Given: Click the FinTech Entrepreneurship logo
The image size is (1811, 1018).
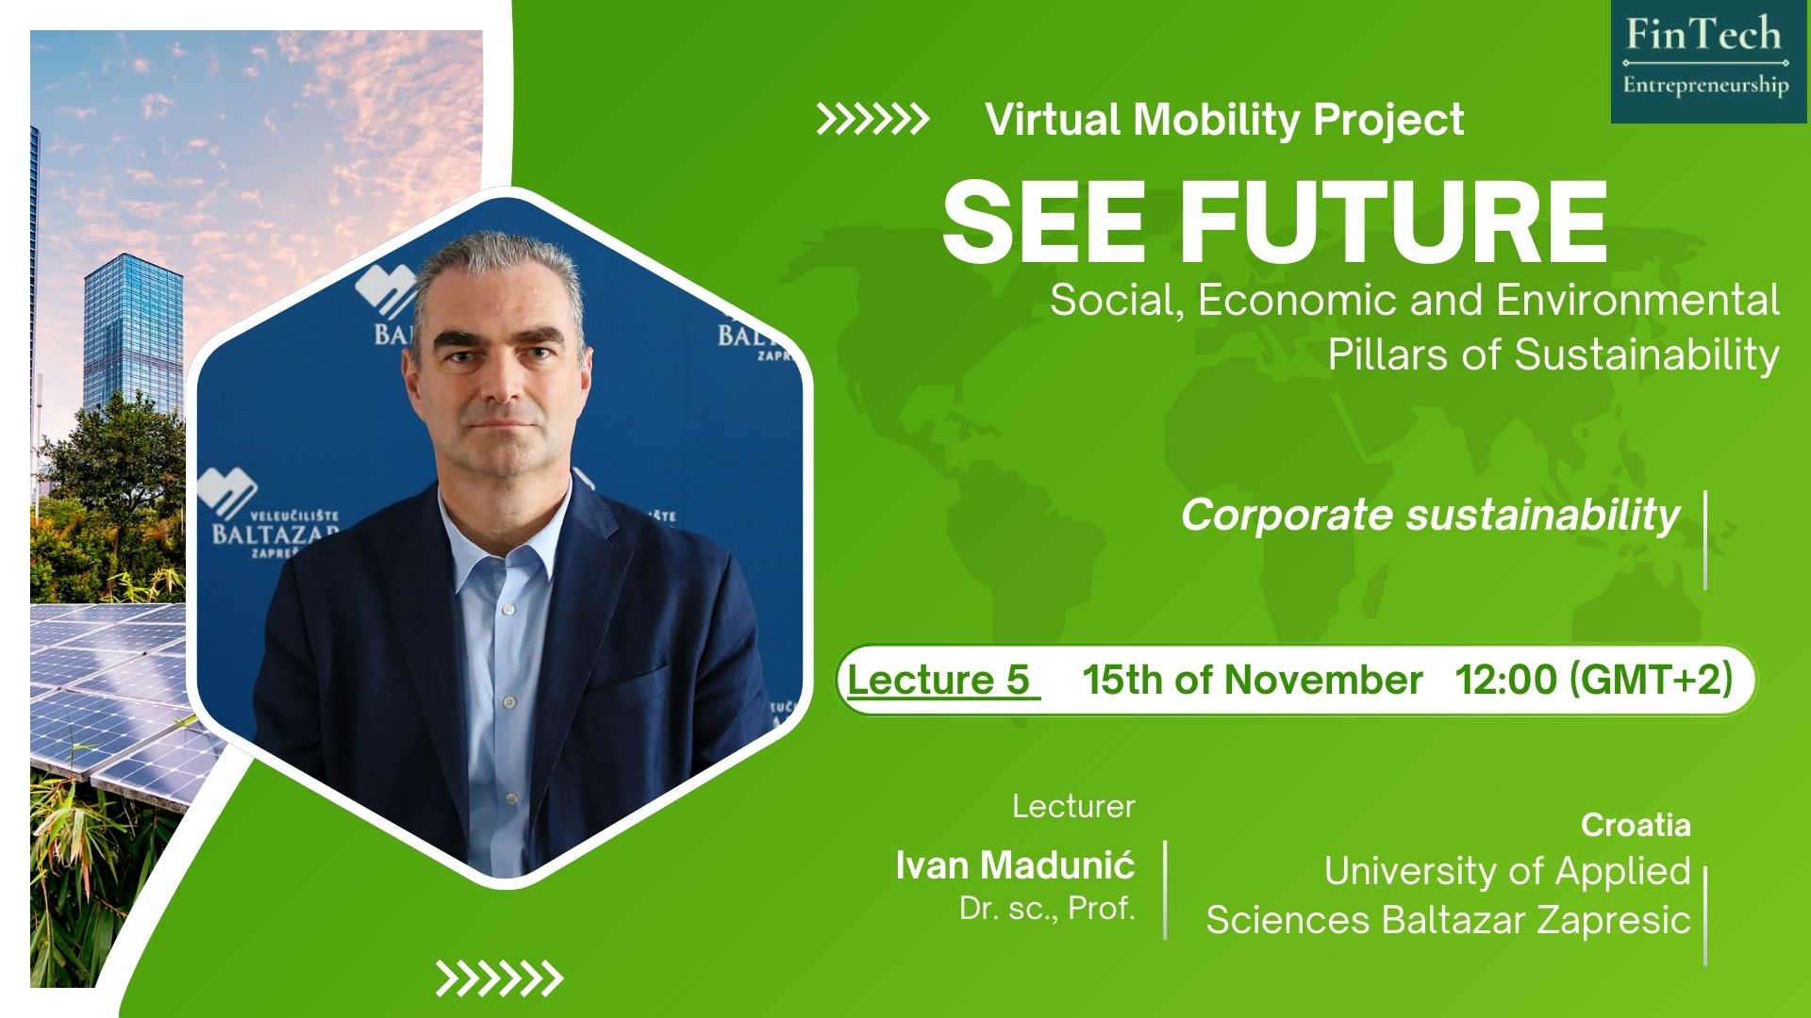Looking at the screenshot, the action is pos(1708,61).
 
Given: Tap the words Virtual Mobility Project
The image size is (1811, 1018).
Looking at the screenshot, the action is pos(1224,121).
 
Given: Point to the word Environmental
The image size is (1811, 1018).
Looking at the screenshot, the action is pos(1637,300).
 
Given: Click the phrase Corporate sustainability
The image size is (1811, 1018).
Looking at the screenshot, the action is pos(1430,516).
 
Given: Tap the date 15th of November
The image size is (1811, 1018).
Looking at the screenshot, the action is pos(1252,680).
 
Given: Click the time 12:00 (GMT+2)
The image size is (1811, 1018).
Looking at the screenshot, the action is pos(1594,680).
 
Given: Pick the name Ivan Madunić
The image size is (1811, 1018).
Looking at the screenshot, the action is pos(1015,864).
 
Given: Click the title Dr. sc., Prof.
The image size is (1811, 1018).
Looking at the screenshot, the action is pos(1047,908).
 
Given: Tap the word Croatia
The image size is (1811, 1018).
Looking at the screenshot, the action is pos(1636,826).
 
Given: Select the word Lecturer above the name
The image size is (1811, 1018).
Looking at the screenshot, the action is pos(1073,807).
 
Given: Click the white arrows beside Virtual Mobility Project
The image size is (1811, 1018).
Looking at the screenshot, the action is pos(872,120).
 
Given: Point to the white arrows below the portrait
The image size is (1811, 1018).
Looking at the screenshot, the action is pos(498,978).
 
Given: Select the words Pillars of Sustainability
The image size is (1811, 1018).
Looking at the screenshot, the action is pos(1553,355).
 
